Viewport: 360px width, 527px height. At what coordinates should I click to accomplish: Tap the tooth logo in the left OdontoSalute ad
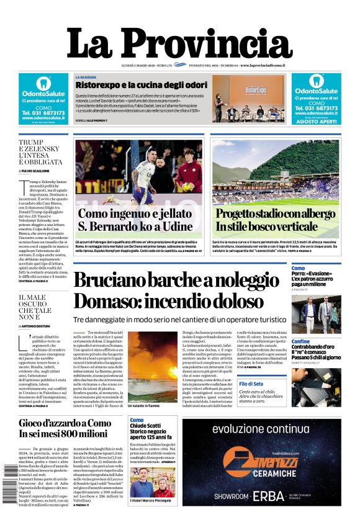(43, 83)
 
